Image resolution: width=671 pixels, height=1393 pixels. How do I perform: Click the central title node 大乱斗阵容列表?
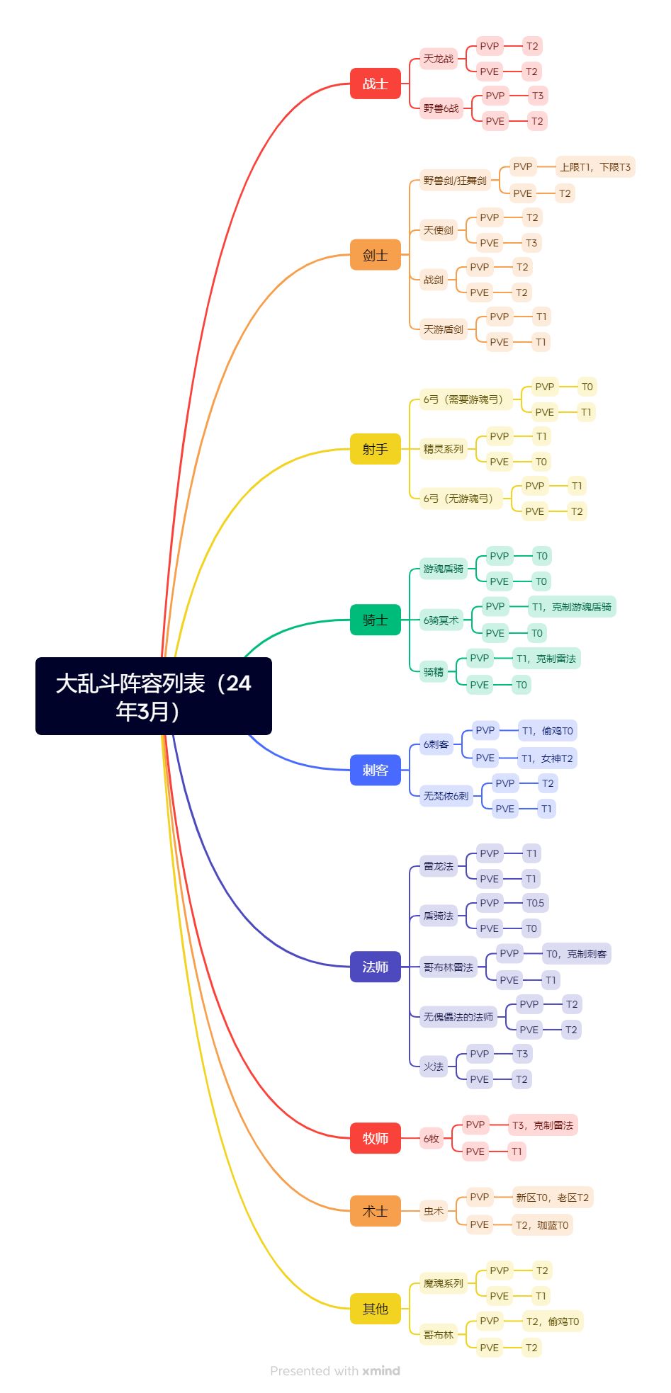pyautogui.click(x=153, y=696)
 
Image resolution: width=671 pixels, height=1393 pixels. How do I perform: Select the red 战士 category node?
pyautogui.click(x=375, y=84)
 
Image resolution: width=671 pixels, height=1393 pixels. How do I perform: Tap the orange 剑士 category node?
pyautogui.click(x=375, y=255)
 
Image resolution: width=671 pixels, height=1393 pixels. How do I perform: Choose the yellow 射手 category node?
pyautogui.click(x=375, y=449)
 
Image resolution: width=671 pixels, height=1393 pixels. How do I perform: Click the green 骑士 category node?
pyautogui.click(x=375, y=620)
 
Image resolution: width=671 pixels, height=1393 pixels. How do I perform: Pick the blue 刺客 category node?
pyautogui.click(x=375, y=770)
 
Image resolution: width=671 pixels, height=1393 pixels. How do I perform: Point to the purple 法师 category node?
pyautogui.click(x=375, y=967)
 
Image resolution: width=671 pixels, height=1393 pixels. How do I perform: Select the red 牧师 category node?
pyautogui.click(x=375, y=1138)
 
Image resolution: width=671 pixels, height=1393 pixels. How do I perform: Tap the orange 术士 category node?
pyautogui.click(x=375, y=1211)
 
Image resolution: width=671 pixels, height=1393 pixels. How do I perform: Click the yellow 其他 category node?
pyautogui.click(x=375, y=1309)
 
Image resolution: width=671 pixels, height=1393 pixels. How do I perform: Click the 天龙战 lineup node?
pyautogui.click(x=438, y=59)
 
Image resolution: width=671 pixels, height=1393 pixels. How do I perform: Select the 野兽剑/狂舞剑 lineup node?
pyautogui.click(x=455, y=181)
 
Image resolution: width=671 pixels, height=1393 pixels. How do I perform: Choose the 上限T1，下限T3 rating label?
pyautogui.click(x=594, y=167)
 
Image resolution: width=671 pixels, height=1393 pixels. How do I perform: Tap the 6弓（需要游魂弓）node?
pyautogui.click(x=463, y=399)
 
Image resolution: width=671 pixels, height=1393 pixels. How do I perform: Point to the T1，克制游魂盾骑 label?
pyautogui.click(x=571, y=607)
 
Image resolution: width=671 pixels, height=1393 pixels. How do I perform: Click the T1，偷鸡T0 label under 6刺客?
pyautogui.click(x=547, y=731)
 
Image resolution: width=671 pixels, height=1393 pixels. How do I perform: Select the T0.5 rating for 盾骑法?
pyautogui.click(x=535, y=903)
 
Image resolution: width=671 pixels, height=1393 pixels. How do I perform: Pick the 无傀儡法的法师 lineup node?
pyautogui.click(x=458, y=1017)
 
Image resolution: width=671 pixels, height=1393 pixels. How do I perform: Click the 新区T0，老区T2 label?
pyautogui.click(x=552, y=1198)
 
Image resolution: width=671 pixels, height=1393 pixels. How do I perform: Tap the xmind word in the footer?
pyautogui.click(x=381, y=1371)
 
